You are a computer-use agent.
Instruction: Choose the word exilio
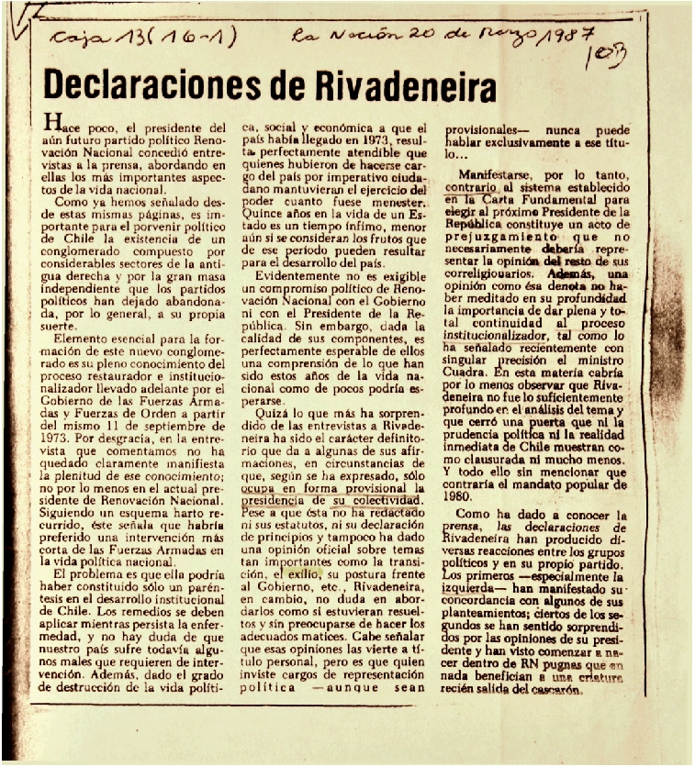285,571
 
